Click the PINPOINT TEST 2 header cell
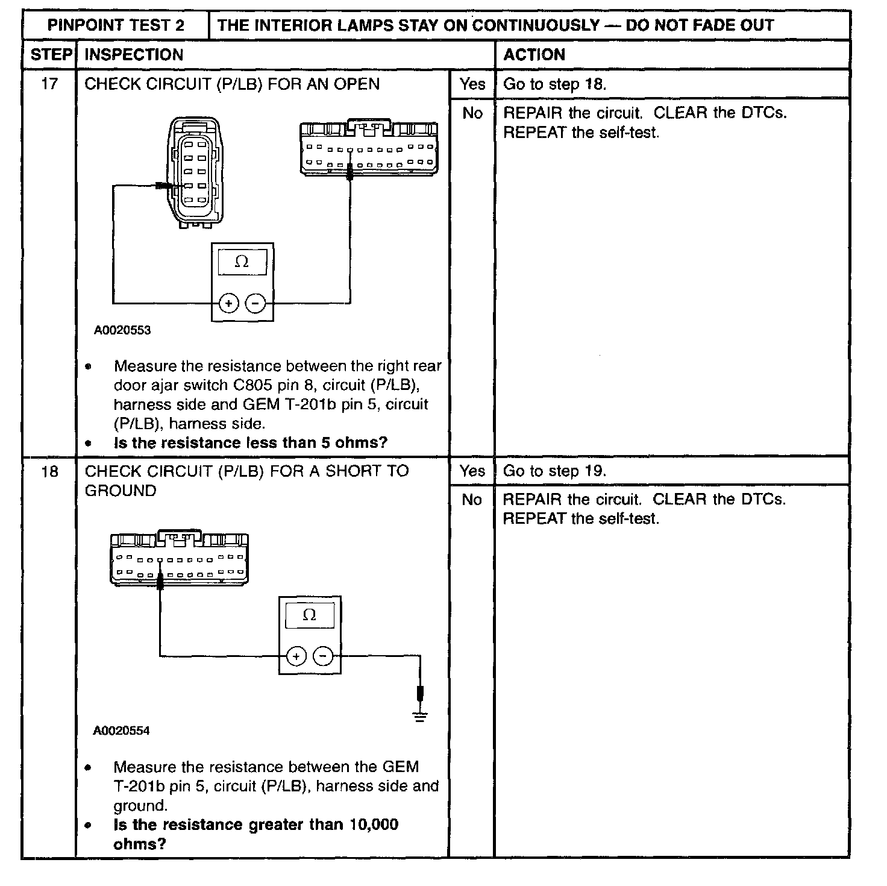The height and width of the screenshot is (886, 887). [x=116, y=25]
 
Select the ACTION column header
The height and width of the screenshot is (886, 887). [x=534, y=55]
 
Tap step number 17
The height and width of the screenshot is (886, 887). [x=49, y=84]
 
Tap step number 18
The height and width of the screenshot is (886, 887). [x=49, y=471]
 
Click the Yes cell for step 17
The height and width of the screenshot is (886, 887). [x=472, y=84]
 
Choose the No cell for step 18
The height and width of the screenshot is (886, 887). [x=472, y=500]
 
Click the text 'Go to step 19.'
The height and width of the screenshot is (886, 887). [x=554, y=471]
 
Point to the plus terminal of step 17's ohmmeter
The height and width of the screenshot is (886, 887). [x=229, y=303]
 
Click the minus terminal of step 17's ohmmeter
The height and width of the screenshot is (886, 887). [x=256, y=303]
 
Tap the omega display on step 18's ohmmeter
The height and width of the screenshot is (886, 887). [x=309, y=615]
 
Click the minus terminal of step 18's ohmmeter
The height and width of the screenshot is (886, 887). [x=324, y=656]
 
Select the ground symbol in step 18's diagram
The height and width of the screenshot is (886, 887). [x=420, y=715]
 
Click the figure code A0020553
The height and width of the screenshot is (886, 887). [x=122, y=330]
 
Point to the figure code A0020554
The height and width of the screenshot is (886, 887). [x=121, y=730]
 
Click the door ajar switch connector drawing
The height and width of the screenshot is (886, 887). [x=195, y=173]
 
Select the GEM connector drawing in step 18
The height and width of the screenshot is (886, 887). [x=179, y=558]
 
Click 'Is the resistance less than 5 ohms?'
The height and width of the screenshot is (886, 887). [x=250, y=443]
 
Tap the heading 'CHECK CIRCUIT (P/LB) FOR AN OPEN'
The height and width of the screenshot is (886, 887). [x=232, y=84]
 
